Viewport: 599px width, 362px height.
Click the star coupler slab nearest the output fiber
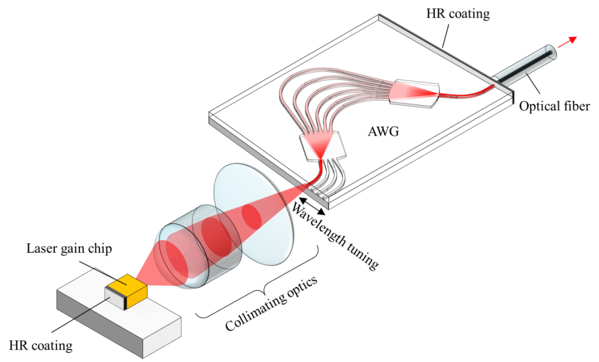point(415,92)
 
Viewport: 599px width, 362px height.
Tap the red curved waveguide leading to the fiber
point(467,93)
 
